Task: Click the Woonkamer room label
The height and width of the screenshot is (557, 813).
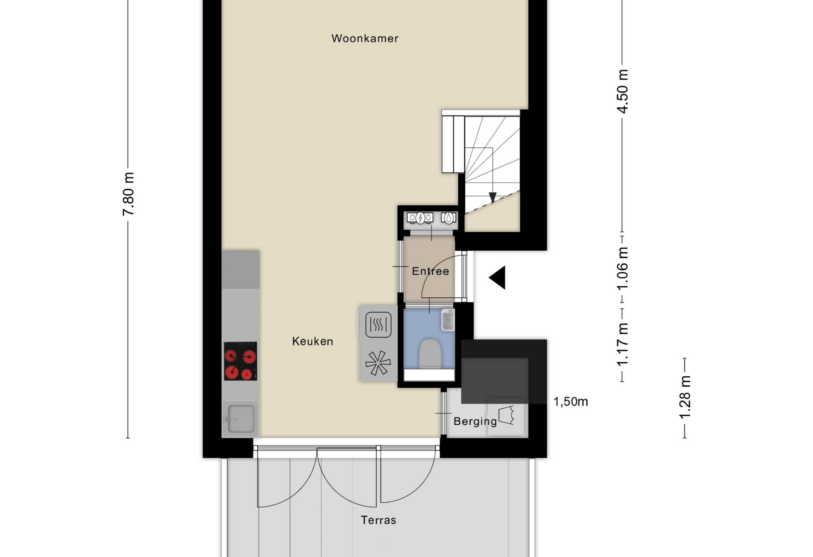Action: pyautogui.click(x=365, y=38)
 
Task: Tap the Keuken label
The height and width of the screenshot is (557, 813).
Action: pyautogui.click(x=312, y=341)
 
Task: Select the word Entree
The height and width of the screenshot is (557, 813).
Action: pyautogui.click(x=430, y=271)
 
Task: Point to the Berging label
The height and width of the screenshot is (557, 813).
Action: pyautogui.click(x=475, y=421)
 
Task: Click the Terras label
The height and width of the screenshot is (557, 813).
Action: pyautogui.click(x=378, y=520)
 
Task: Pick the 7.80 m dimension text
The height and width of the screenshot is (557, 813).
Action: pyautogui.click(x=128, y=194)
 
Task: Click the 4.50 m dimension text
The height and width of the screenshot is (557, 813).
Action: pyautogui.click(x=622, y=91)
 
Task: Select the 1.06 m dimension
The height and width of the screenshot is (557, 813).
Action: pyautogui.click(x=622, y=268)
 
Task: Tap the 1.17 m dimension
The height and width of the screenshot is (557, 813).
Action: pyautogui.click(x=622, y=345)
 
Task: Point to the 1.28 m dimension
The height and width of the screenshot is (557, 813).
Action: pyautogui.click(x=684, y=397)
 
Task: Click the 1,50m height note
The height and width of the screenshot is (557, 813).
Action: pyautogui.click(x=571, y=402)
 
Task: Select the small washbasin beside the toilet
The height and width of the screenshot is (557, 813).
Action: pyautogui.click(x=448, y=320)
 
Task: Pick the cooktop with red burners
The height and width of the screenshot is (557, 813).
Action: pyautogui.click(x=240, y=361)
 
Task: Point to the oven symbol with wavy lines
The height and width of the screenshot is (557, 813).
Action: pyautogui.click(x=378, y=325)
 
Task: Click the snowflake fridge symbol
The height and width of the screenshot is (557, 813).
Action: pyautogui.click(x=378, y=363)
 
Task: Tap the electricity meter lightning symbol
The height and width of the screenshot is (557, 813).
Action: pyautogui.click(x=420, y=219)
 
